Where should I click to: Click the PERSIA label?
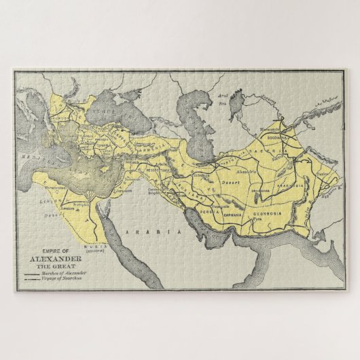tap(207, 211)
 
